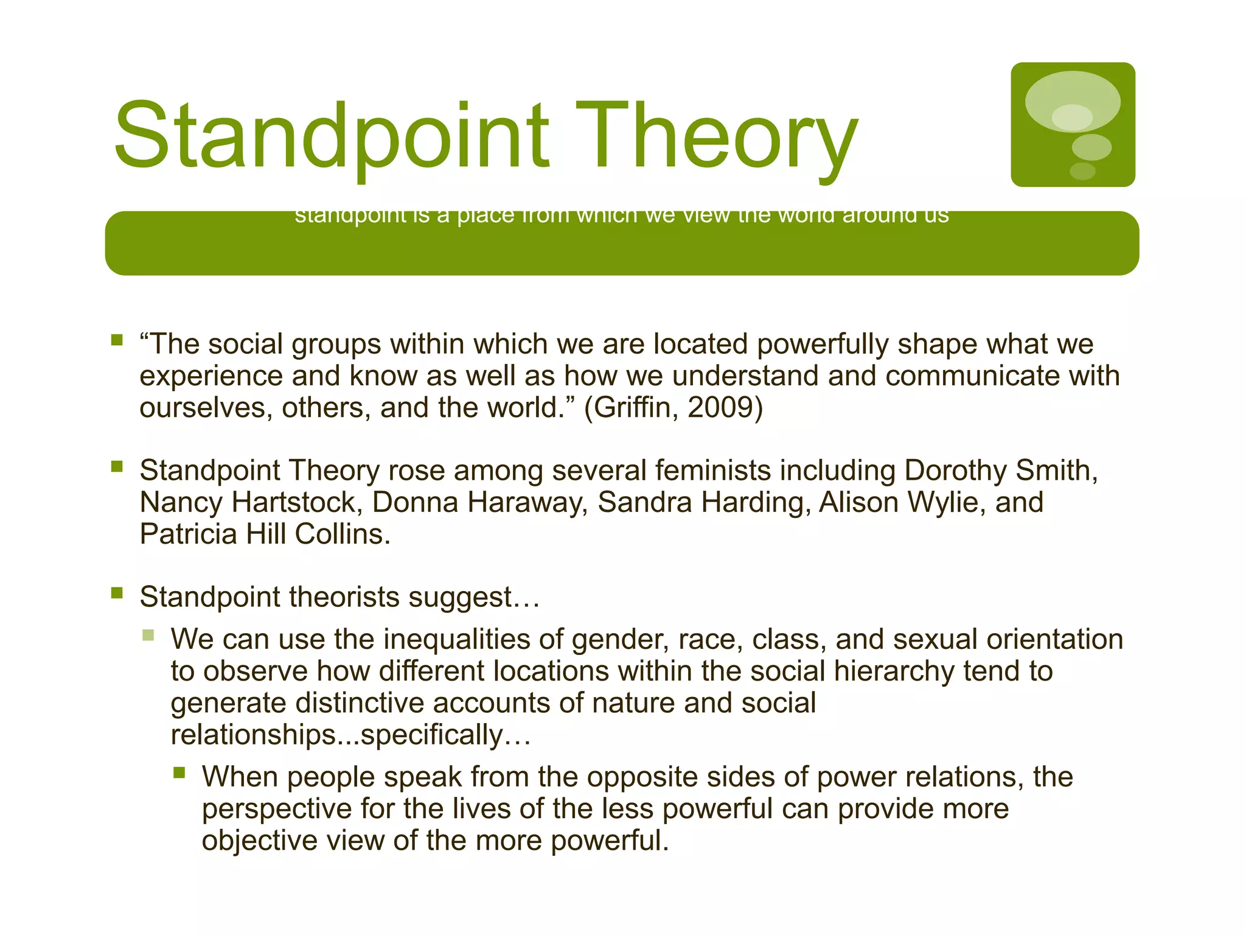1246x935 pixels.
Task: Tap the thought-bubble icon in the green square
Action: pos(1073,124)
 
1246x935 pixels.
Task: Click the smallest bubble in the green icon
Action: pos(1082,171)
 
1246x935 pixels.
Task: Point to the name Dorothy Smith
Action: pos(1001,471)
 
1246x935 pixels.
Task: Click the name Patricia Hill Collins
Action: pos(265,534)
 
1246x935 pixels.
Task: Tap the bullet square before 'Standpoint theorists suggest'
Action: pos(117,593)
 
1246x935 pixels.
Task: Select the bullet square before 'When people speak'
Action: pos(179,773)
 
